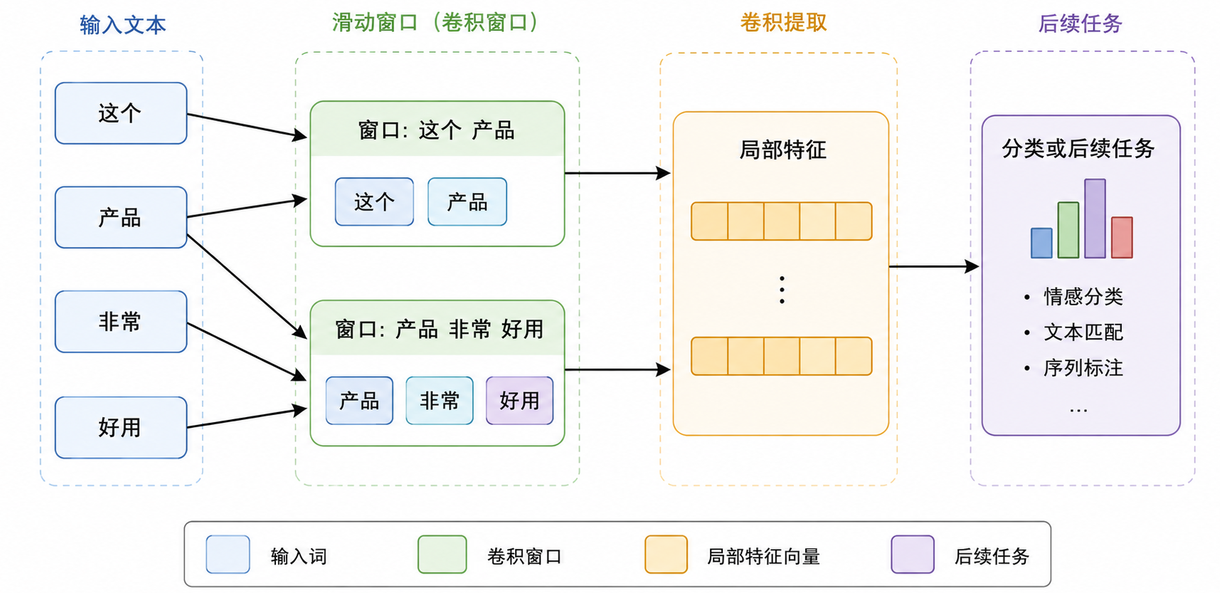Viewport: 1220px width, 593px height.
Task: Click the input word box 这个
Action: (121, 113)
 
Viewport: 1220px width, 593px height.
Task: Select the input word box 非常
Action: (121, 322)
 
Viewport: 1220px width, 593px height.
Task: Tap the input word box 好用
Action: (121, 427)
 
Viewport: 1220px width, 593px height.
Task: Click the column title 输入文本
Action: (123, 25)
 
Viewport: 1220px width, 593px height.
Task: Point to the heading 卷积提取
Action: (783, 23)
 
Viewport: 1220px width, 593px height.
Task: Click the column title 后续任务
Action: (1080, 23)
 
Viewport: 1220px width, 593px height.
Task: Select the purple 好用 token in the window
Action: (519, 401)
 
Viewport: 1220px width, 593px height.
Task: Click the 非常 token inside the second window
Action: (440, 401)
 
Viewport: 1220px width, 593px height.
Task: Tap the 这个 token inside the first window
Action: (374, 202)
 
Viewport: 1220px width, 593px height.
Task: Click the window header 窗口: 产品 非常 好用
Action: (439, 329)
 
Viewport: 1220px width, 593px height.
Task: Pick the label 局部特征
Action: (783, 149)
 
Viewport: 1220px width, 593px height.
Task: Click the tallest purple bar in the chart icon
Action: (1095, 219)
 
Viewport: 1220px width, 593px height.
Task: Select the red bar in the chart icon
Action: (1122, 238)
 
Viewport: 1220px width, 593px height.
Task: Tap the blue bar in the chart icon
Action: (1041, 243)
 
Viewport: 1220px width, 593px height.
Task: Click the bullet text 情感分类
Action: (1083, 296)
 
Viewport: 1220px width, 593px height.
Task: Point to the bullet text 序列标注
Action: (1083, 368)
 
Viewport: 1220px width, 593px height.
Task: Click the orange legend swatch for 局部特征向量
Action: (666, 555)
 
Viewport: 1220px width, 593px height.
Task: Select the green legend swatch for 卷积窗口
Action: (442, 555)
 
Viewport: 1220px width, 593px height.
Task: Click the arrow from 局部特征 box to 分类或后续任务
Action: (934, 266)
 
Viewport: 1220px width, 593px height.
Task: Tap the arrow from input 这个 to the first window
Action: (247, 125)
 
